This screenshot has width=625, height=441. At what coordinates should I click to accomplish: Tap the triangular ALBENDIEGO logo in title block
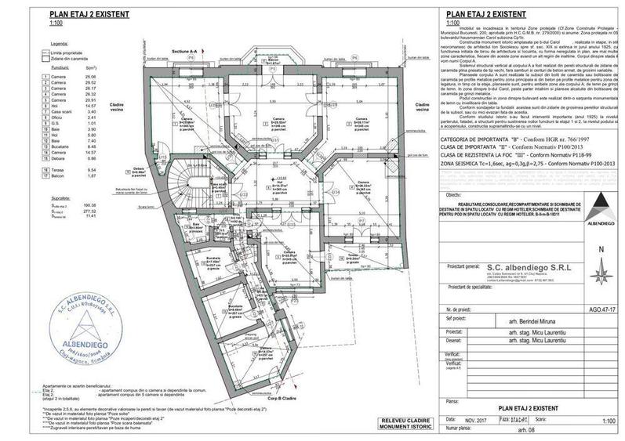pyautogui.click(x=601, y=210)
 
